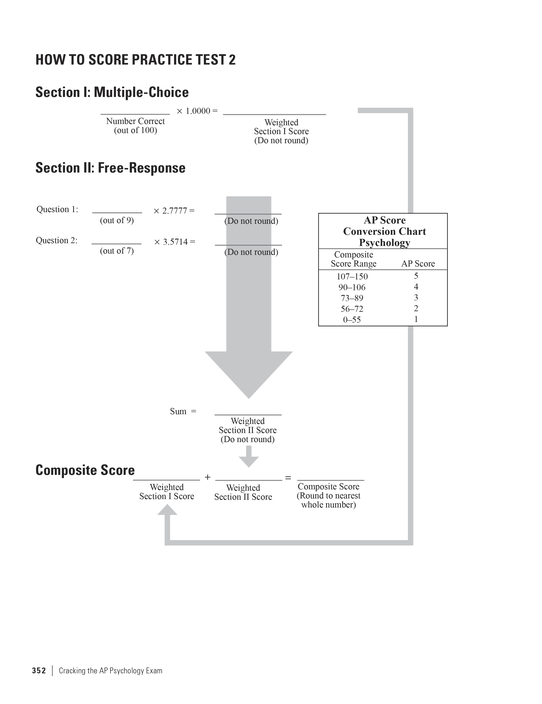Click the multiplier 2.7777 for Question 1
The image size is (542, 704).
[174, 211]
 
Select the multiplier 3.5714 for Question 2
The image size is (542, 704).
[175, 242]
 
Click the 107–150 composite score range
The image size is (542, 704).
[352, 277]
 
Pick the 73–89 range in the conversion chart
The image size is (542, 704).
[352, 298]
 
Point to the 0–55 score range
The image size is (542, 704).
[352, 320]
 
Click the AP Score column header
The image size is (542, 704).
[418, 264]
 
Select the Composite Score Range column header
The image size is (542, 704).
[353, 259]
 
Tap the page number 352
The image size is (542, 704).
[39, 671]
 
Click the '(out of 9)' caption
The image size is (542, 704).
[117, 220]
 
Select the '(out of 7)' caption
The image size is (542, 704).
[117, 251]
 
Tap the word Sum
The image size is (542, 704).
[178, 412]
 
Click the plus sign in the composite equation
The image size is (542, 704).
[208, 477]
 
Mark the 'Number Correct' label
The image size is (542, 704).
[135, 121]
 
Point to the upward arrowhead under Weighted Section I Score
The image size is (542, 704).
[167, 510]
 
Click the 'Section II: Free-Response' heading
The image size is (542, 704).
[110, 168]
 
